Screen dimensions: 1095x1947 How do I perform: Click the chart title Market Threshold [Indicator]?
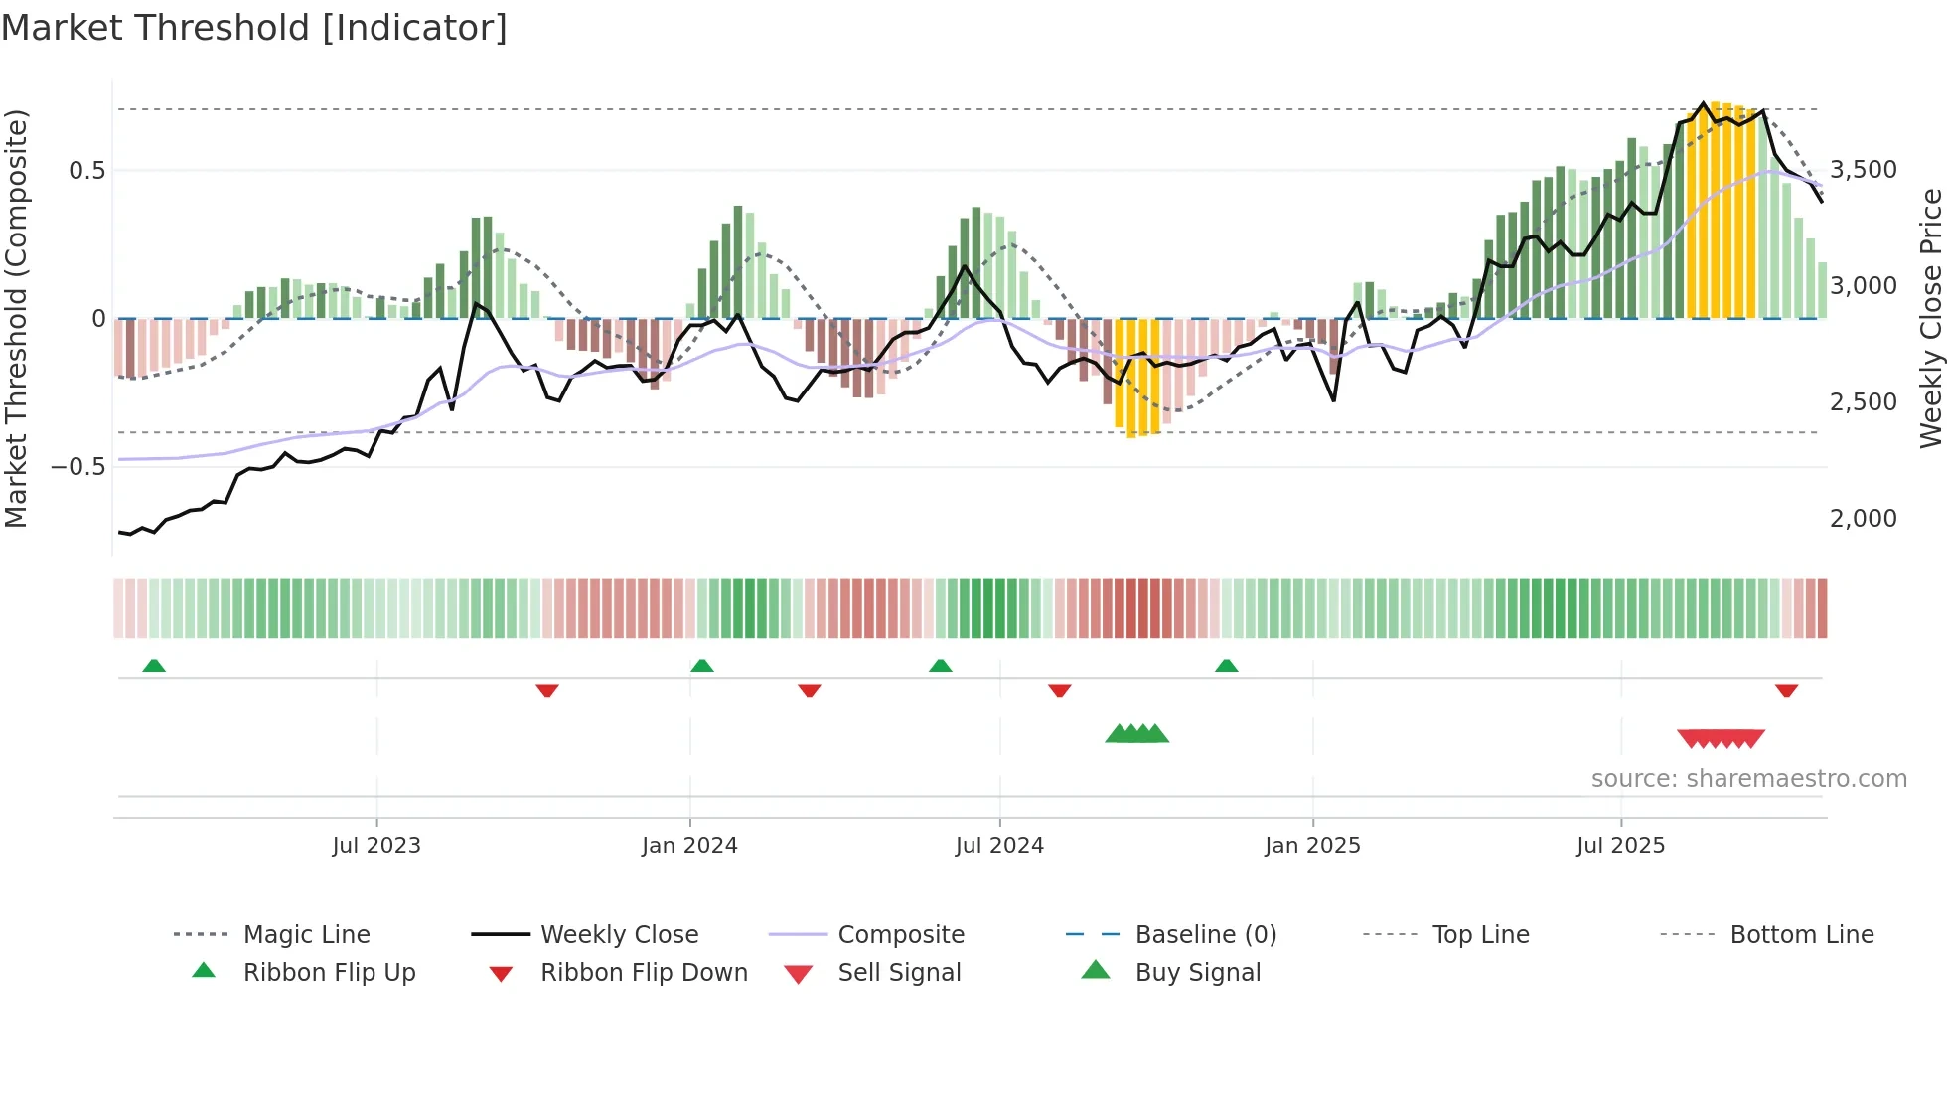point(254,28)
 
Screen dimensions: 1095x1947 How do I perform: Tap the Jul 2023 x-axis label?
point(376,846)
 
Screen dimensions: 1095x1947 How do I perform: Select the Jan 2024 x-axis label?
point(689,846)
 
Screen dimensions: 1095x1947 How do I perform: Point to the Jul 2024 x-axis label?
point(999,846)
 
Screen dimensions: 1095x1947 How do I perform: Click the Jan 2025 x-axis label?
point(1312,846)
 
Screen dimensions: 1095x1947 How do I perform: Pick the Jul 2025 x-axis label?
point(1620,846)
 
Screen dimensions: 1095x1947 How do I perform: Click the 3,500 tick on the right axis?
point(1863,170)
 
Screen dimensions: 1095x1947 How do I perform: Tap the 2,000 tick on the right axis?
point(1863,519)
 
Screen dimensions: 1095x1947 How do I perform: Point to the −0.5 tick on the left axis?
point(78,467)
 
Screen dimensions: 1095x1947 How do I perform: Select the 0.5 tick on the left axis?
point(86,171)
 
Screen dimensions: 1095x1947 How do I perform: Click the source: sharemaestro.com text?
point(1748,779)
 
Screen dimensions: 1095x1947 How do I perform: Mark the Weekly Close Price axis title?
point(1930,318)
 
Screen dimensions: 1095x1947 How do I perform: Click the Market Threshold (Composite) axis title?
point(16,318)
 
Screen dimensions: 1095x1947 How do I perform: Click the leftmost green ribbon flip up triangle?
point(154,666)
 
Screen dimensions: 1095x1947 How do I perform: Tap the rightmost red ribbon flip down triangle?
point(1786,690)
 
